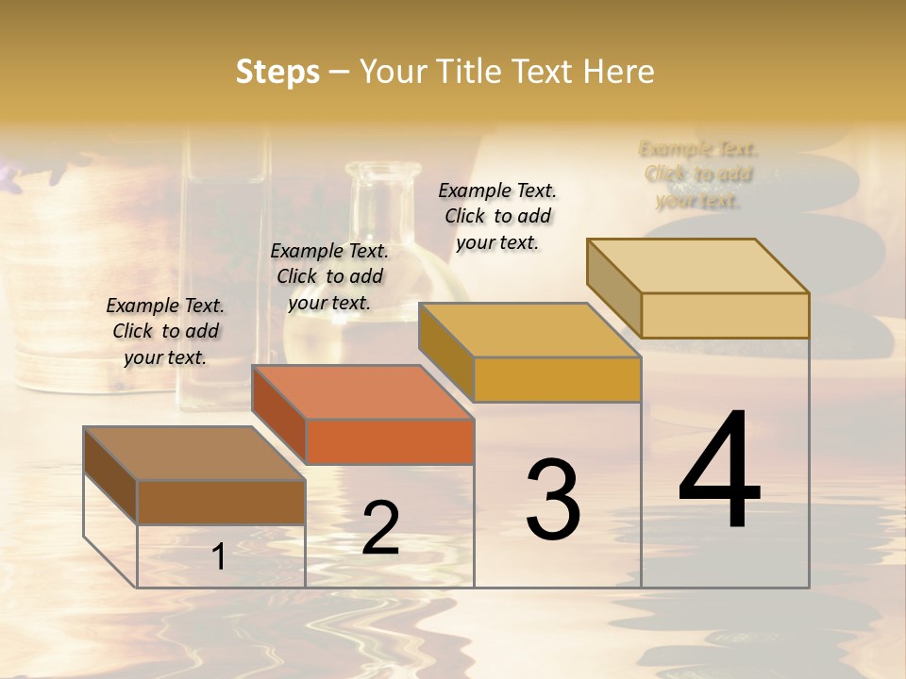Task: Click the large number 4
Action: pyautogui.click(x=719, y=471)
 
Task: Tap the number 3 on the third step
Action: pyautogui.click(x=552, y=500)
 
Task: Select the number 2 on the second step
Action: pyautogui.click(x=380, y=528)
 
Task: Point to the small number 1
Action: pyautogui.click(x=218, y=557)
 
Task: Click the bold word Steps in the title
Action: pyautogui.click(x=277, y=72)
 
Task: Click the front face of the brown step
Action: pyautogui.click(x=221, y=503)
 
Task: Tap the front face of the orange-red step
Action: pyautogui.click(x=389, y=441)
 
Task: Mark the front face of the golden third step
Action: pyautogui.click(x=557, y=380)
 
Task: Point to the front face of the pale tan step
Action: pyautogui.click(x=725, y=316)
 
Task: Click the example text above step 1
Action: pyautogui.click(x=165, y=331)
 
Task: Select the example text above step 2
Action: pyautogui.click(x=329, y=276)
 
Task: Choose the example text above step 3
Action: pyautogui.click(x=497, y=216)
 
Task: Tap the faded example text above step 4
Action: pyautogui.click(x=698, y=174)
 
